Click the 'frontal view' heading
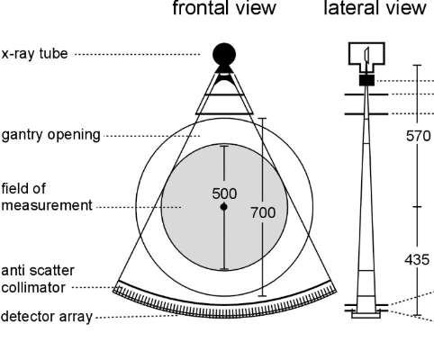[x=224, y=8]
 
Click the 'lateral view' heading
[x=375, y=8]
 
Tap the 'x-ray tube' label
[x=34, y=54]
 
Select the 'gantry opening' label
[x=50, y=135]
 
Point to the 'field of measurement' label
[x=47, y=197]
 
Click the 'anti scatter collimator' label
[x=38, y=279]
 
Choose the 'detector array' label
[x=47, y=317]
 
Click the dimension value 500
[x=224, y=193]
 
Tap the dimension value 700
[x=263, y=212]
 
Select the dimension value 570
[x=418, y=136]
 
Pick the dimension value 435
[x=417, y=259]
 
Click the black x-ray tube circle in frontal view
[x=224, y=55]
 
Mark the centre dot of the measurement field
[x=224, y=207]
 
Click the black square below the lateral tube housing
[x=366, y=80]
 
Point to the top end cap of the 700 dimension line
[x=263, y=118]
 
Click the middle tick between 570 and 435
[x=417, y=207]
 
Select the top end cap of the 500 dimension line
[x=224, y=146]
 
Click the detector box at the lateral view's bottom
[x=366, y=315]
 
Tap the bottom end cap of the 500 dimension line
[x=224, y=269]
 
